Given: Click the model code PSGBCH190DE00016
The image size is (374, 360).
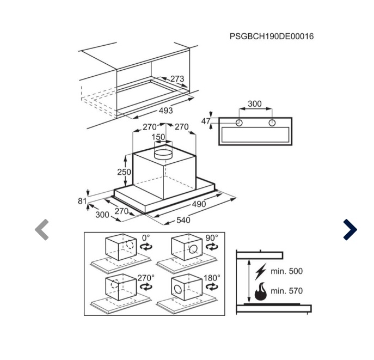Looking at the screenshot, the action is (x=272, y=36).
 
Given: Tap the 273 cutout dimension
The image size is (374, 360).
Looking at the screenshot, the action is (x=177, y=79).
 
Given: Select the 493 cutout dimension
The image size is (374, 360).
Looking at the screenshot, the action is (x=166, y=111).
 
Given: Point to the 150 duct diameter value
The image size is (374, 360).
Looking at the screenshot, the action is (x=158, y=137).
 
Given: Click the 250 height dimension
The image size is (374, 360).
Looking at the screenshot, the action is (x=124, y=172).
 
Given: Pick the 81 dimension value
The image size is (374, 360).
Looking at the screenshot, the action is (x=82, y=202).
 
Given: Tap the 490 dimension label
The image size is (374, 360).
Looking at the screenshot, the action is (x=199, y=204).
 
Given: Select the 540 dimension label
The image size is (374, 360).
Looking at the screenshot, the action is (x=183, y=220).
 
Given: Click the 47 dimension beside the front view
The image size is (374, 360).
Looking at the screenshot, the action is (x=206, y=121).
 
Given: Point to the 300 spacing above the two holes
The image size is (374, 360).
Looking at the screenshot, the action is (x=255, y=104).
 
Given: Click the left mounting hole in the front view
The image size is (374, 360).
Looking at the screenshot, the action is (x=239, y=123).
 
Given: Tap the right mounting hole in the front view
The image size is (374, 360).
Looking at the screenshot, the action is (x=272, y=123).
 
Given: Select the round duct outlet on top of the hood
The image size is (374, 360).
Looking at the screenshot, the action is (x=163, y=154).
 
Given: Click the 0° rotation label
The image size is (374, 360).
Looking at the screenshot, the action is (x=146, y=238).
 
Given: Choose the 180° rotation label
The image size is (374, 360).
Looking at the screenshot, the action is (x=212, y=278).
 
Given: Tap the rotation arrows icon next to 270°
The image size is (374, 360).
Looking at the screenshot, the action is (x=146, y=286).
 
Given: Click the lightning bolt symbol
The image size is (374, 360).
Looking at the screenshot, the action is (x=260, y=272).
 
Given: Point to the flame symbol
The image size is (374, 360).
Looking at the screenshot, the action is (x=260, y=291).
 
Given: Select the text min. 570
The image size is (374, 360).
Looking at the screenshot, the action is (x=286, y=291).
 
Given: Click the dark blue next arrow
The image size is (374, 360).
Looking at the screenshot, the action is (x=350, y=229).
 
